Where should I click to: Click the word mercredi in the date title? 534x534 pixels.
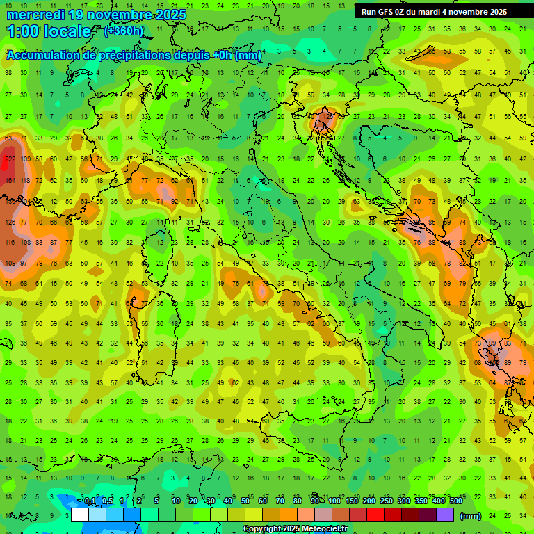click(x=40, y=15)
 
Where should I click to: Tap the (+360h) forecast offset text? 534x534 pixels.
click(x=124, y=31)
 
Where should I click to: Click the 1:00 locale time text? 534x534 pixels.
click(x=49, y=31)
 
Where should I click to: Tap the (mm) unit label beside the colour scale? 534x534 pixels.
click(x=470, y=516)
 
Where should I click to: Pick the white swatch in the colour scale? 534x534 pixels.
click(x=79, y=516)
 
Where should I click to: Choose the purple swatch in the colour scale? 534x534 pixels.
click(x=445, y=516)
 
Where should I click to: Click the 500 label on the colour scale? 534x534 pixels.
click(x=456, y=501)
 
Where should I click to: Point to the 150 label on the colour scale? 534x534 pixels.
click(x=351, y=501)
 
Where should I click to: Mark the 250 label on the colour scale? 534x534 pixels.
click(x=386, y=501)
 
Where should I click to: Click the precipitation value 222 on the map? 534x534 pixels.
click(x=10, y=159)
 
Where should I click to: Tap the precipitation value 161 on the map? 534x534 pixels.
click(x=10, y=180)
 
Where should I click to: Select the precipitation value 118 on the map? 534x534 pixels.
click(x=24, y=180)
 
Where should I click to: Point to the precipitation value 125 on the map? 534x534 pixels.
click(x=329, y=117)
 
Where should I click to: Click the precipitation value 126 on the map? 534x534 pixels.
click(x=10, y=222)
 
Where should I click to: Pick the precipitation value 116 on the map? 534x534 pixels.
click(x=10, y=243)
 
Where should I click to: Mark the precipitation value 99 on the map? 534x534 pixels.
click(x=492, y=343)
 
